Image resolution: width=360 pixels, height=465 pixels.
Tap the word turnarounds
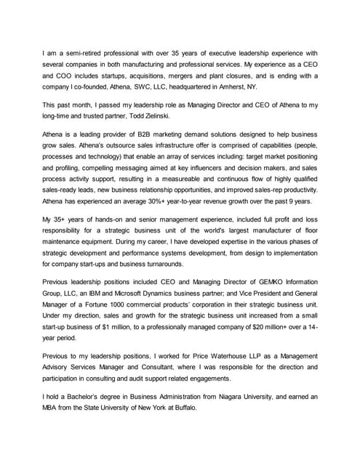(173, 266)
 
